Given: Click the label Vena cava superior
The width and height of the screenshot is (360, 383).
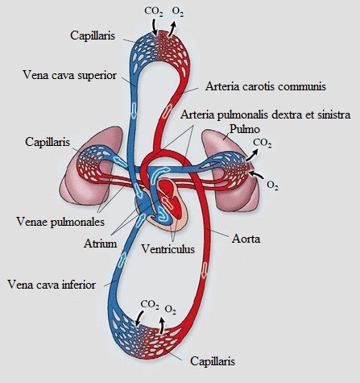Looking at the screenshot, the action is [x=69, y=75].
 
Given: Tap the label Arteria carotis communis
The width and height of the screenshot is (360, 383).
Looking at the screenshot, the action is [x=266, y=86].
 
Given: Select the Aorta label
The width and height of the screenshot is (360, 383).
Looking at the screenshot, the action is [x=246, y=239].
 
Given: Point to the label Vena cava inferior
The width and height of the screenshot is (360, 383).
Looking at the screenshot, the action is [x=52, y=285].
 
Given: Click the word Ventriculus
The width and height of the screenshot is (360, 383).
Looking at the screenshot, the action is [x=168, y=249].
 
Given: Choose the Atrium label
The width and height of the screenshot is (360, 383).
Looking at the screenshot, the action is [x=101, y=244].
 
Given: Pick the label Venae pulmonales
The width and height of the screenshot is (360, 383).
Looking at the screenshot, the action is [x=60, y=222].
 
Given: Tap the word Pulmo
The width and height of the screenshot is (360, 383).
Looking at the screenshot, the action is [x=245, y=129].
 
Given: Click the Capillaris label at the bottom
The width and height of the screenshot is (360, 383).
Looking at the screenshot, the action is [x=213, y=361].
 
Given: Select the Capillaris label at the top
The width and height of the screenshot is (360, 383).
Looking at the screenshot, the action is [x=93, y=35].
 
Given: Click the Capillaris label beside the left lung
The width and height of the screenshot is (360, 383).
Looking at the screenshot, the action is [x=48, y=142].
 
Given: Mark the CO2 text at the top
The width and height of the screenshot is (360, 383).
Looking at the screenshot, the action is [x=154, y=11].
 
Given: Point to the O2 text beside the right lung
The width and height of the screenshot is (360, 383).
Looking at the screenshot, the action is [x=272, y=185].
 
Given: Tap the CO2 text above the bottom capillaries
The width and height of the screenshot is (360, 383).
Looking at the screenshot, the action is [x=150, y=305].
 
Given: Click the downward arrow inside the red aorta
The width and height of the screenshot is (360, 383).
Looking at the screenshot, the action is [x=205, y=271].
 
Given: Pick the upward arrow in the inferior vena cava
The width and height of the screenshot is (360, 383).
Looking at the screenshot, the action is [x=122, y=260].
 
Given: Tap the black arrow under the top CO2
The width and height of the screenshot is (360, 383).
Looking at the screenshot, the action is [x=154, y=27].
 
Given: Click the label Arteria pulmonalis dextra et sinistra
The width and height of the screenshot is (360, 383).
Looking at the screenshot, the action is [x=266, y=114].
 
